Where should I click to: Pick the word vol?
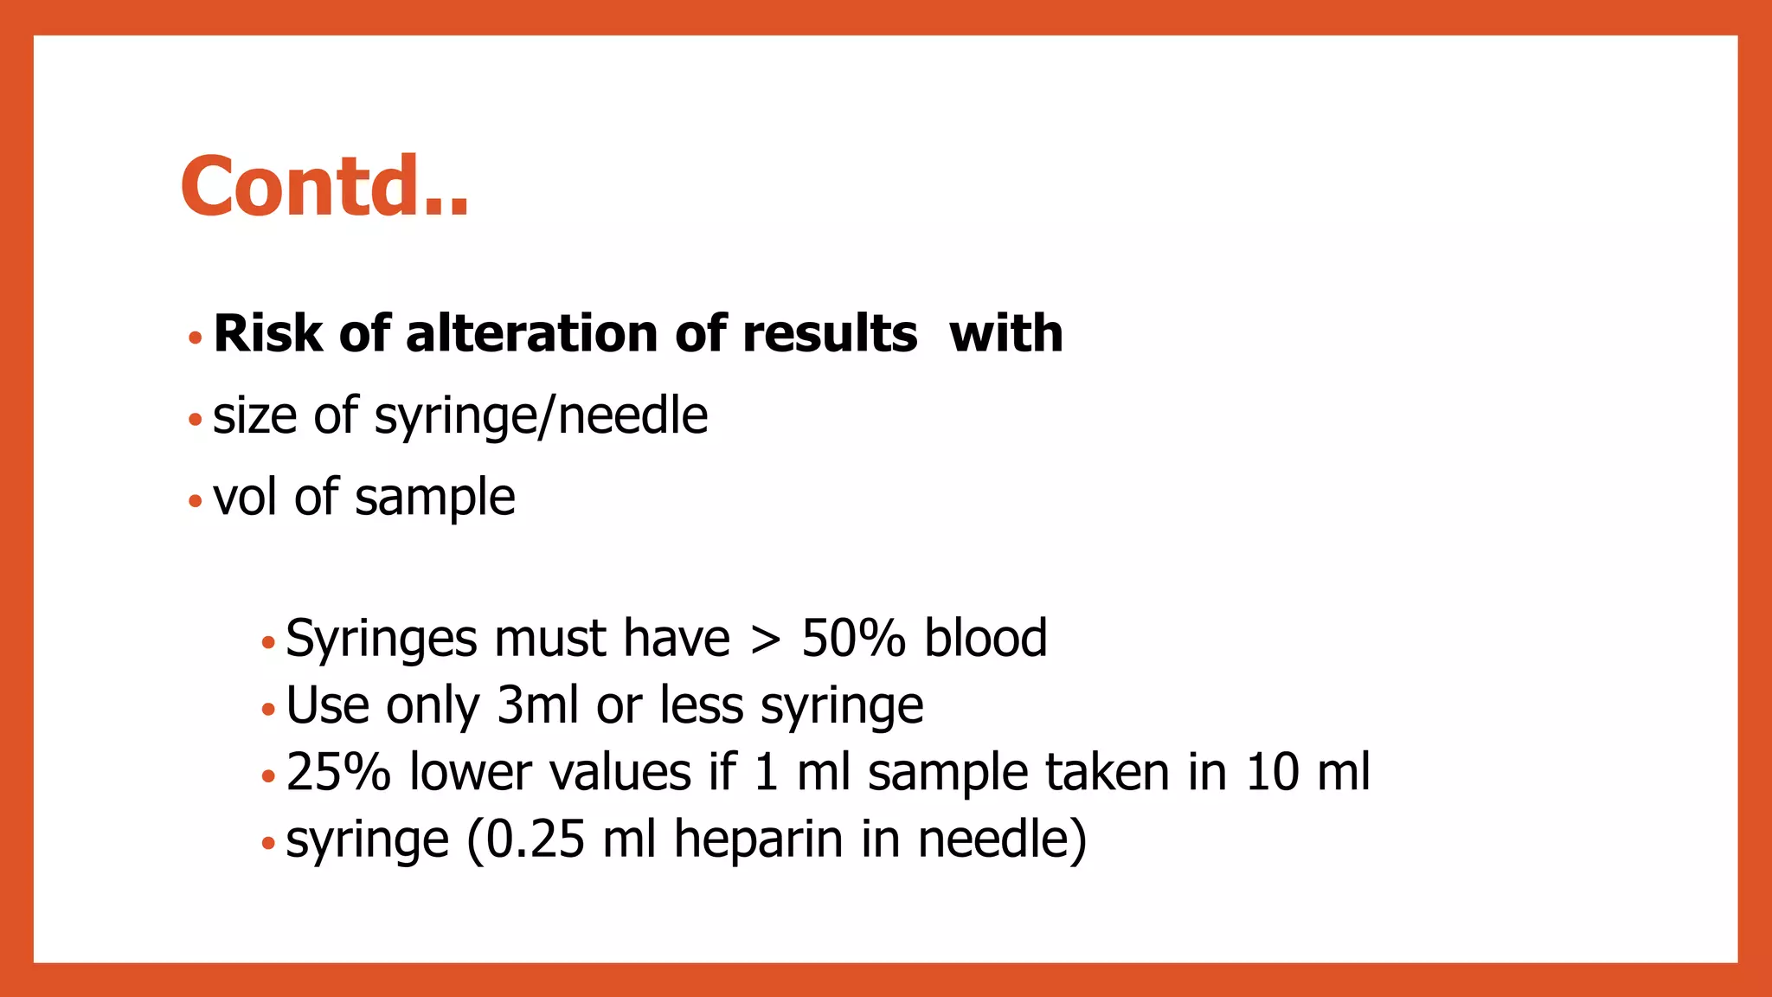[x=244, y=498]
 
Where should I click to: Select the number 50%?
[x=853, y=639]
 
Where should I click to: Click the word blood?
[x=986, y=639]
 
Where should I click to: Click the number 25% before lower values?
[x=337, y=772]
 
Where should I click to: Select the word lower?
[x=470, y=772]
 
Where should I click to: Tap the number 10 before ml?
[x=1273, y=772]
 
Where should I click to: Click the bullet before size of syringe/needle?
[x=196, y=421]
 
